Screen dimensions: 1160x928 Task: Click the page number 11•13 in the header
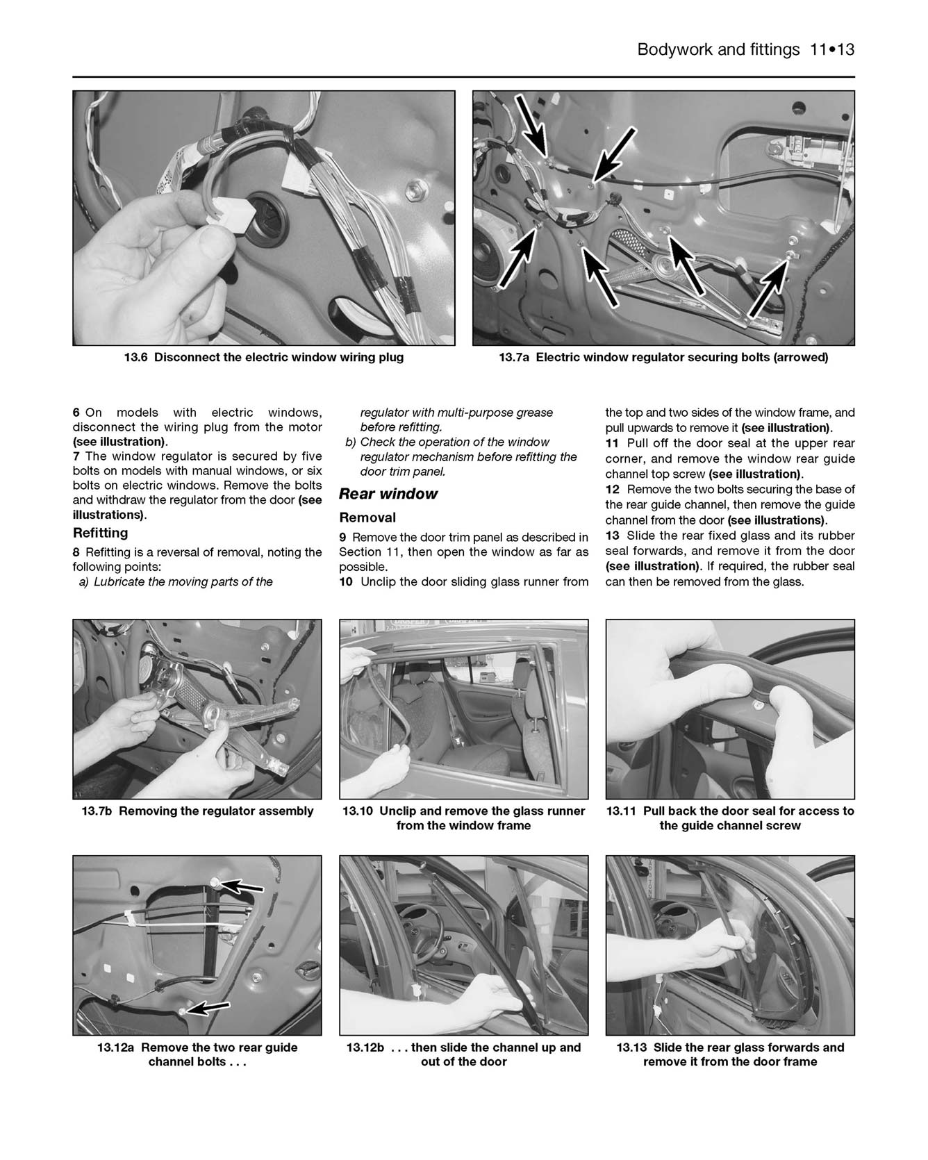pos(831,50)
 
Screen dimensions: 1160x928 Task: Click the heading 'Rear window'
pos(388,494)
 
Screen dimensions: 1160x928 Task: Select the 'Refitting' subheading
pos(101,533)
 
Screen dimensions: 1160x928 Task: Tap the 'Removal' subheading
pos(367,517)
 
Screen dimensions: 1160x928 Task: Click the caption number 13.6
pos(135,358)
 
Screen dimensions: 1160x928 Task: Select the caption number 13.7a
pos(515,358)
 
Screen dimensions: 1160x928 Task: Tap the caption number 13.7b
pos(97,811)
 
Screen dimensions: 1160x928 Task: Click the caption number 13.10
pos(358,811)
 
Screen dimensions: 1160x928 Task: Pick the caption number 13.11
pos(621,811)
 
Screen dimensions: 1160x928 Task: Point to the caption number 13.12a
pos(115,1047)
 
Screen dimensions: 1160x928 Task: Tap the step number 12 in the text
pos(612,490)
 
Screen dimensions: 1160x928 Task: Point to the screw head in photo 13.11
pos(759,706)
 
